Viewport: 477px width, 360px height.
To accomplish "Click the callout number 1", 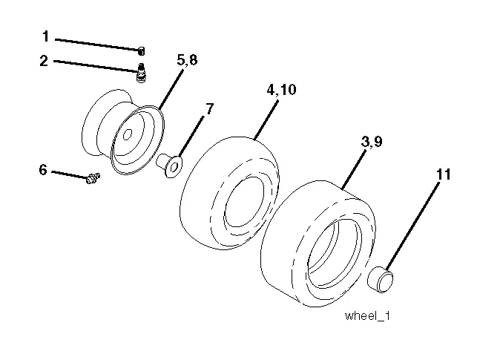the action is pyautogui.click(x=46, y=36).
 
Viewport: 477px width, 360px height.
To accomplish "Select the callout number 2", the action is pyautogui.click(x=44, y=61).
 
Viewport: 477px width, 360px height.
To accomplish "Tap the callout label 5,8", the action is pyautogui.click(x=187, y=60).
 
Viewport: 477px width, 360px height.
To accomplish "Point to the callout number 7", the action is pyautogui.click(x=210, y=108).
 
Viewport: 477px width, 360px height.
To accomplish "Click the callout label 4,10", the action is pyautogui.click(x=281, y=90).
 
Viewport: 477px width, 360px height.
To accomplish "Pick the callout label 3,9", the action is pyautogui.click(x=372, y=142).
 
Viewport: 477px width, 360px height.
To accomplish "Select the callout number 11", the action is pyautogui.click(x=444, y=174).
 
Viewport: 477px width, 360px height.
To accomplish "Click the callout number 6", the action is pyautogui.click(x=43, y=169).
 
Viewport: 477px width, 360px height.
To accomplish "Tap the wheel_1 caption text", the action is pyautogui.click(x=367, y=316).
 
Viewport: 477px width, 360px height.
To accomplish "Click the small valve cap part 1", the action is pyautogui.click(x=142, y=51).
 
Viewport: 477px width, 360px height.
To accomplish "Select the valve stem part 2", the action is pyautogui.click(x=141, y=73).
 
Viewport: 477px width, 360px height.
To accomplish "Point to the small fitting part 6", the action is pyautogui.click(x=93, y=177).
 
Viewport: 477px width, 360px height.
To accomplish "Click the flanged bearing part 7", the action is pyautogui.click(x=169, y=165).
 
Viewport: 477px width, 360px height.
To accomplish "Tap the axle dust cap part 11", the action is pyautogui.click(x=381, y=279).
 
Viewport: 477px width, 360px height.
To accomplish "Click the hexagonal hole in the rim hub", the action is pyautogui.click(x=128, y=134).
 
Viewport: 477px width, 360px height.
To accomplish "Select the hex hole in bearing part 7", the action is pyautogui.click(x=174, y=167).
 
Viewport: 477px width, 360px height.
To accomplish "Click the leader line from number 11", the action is pyautogui.click(x=412, y=226).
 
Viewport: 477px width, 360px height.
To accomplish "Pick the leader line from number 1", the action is pyautogui.click(x=98, y=44).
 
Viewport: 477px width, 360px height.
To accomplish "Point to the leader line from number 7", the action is pyautogui.click(x=191, y=137).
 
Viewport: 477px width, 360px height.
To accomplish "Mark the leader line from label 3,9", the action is pyautogui.click(x=354, y=170).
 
